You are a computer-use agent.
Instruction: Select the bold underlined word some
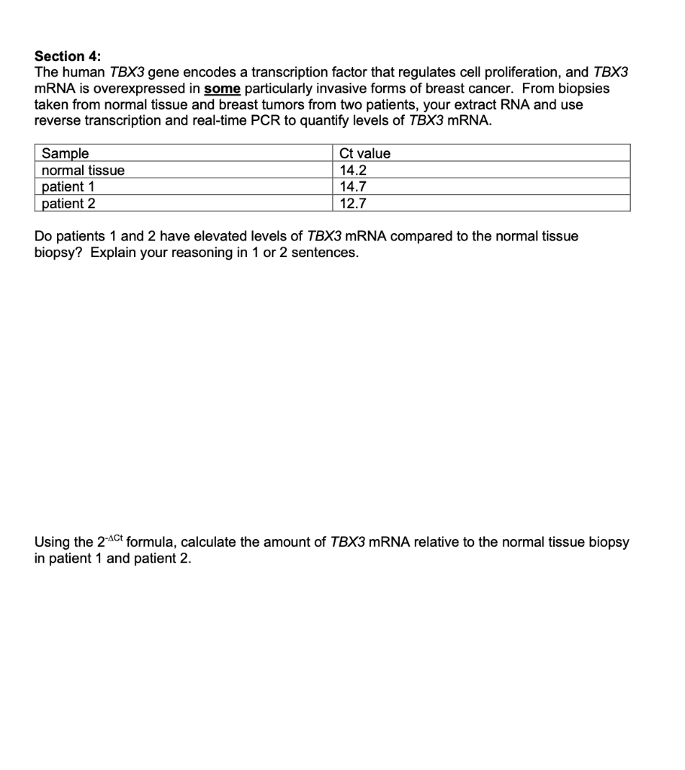point(221,89)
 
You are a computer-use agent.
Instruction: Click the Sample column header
point(65,153)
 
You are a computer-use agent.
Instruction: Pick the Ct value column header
point(365,153)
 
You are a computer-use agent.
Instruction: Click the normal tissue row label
point(83,170)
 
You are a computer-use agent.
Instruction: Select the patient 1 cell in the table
point(67,186)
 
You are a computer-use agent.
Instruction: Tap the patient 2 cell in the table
point(68,203)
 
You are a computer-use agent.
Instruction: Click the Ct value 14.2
point(353,170)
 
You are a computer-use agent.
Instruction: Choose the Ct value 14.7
point(353,186)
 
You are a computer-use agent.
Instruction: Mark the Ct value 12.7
point(353,203)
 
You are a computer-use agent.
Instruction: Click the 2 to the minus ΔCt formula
point(109,541)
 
